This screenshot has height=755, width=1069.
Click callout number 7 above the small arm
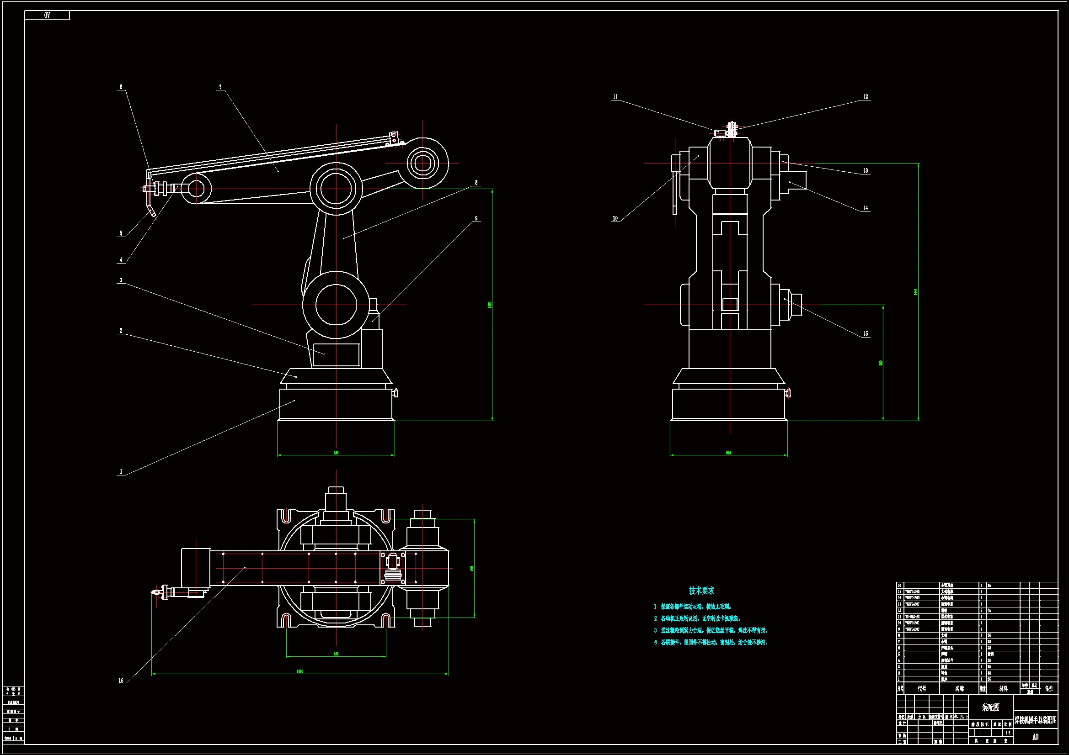[220, 87]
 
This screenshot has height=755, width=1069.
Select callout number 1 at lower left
[121, 472]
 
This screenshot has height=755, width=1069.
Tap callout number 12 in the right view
[866, 97]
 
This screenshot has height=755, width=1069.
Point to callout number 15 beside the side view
[866, 334]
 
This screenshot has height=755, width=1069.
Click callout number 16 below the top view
[121, 681]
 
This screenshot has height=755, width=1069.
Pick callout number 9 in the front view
[476, 218]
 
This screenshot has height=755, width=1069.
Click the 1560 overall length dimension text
[300, 671]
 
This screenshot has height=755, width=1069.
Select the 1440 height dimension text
[915, 292]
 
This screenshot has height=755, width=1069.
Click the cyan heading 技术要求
[701, 590]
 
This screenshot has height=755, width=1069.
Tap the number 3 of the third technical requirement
[655, 630]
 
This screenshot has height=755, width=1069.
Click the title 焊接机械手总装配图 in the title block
[1036, 720]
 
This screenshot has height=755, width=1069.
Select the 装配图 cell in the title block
[990, 707]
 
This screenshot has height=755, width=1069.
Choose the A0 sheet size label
[1035, 737]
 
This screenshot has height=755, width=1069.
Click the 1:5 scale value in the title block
[1008, 733]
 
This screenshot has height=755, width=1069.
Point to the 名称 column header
[959, 688]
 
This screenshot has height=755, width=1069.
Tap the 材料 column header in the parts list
[1003, 688]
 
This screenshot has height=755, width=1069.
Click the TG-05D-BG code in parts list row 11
[913, 616]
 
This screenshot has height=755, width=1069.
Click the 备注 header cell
[1048, 688]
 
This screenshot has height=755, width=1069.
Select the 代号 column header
[922, 688]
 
